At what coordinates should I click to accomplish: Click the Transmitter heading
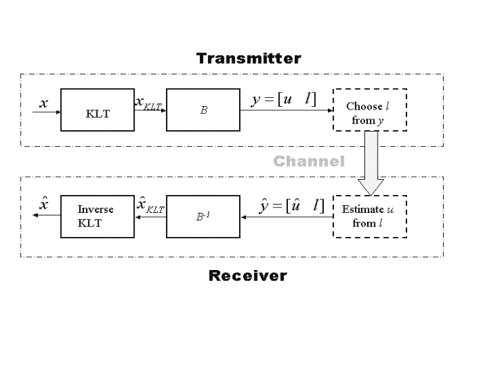point(249,58)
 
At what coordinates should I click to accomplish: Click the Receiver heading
point(247,276)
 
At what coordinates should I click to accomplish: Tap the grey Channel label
point(309,162)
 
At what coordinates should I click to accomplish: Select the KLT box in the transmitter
point(96,110)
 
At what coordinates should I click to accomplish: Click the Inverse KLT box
point(96,216)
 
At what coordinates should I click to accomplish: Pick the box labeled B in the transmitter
point(203,110)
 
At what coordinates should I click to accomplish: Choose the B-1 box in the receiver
point(203,216)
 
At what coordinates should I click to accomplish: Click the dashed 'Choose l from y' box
point(370,110)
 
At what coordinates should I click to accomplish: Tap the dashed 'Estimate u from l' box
point(370,216)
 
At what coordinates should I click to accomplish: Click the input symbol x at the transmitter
point(44,103)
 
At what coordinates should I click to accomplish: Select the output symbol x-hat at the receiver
point(43,204)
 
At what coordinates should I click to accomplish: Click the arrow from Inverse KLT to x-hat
point(47,216)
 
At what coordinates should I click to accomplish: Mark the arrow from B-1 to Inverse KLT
point(149,216)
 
